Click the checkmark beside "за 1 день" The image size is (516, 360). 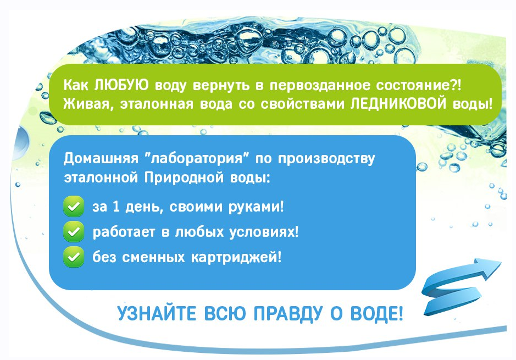tap(74, 208)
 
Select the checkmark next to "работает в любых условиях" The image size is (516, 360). tap(74, 232)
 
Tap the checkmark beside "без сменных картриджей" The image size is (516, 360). tap(74, 257)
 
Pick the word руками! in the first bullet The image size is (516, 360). tap(258, 208)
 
